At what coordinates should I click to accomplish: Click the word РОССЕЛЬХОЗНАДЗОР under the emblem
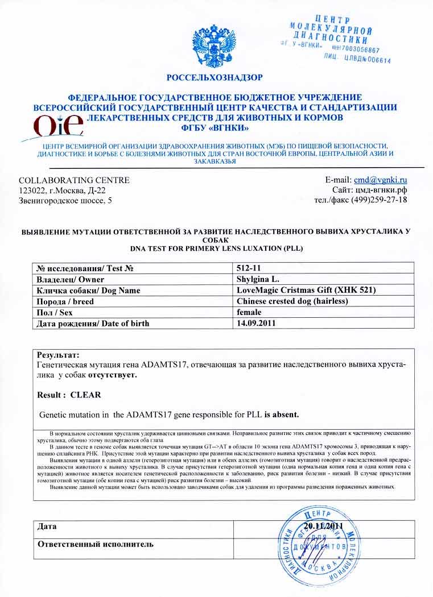[215, 77]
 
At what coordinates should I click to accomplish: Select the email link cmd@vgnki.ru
[381, 180]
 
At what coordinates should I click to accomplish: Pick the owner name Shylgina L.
[258, 279]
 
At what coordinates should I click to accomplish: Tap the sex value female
[249, 312]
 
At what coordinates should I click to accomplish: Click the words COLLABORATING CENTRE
[74, 180]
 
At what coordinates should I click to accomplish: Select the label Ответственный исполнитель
[96, 544]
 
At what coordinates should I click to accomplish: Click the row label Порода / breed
[65, 301]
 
